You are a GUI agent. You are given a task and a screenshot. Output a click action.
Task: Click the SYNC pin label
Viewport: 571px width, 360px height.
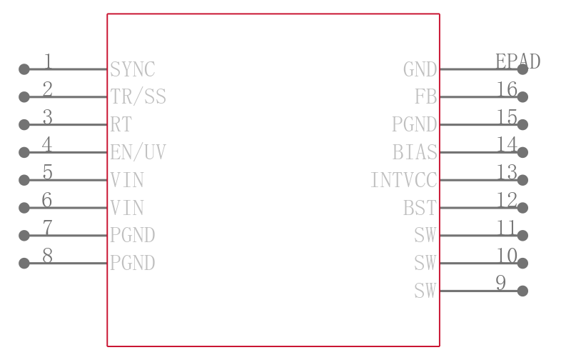pyautogui.click(x=133, y=69)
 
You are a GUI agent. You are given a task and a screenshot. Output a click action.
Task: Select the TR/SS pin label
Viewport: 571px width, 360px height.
pyautogui.click(x=138, y=97)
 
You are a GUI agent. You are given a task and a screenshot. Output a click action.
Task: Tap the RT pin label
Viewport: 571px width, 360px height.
pyautogui.click(x=121, y=124)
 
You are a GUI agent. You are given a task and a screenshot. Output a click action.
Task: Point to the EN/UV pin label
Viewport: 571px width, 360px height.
pyautogui.click(x=138, y=152)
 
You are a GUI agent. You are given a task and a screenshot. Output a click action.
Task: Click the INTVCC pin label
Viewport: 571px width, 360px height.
pyautogui.click(x=403, y=180)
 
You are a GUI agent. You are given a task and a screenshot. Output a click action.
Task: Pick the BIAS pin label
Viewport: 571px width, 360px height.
pyautogui.click(x=415, y=152)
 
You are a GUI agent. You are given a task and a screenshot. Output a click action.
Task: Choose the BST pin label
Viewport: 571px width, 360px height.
pyautogui.click(x=420, y=208)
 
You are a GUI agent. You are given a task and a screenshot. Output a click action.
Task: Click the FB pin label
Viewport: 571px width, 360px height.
pyautogui.click(x=425, y=97)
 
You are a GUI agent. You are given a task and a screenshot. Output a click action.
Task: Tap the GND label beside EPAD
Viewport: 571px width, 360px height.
pyautogui.click(x=420, y=69)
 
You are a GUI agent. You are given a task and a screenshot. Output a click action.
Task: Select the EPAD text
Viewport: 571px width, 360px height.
pyautogui.click(x=518, y=61)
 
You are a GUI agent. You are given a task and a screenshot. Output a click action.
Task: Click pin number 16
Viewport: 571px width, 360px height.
pyautogui.click(x=507, y=89)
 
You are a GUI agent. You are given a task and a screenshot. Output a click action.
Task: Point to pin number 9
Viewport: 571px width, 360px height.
pyautogui.click(x=501, y=283)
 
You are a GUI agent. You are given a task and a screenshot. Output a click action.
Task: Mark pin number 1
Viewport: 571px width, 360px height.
pyautogui.click(x=48, y=61)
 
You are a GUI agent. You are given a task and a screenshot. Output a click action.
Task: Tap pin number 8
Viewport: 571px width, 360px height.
pyautogui.click(x=47, y=256)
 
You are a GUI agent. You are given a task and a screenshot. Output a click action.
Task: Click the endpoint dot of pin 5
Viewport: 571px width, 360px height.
pyautogui.click(x=24, y=180)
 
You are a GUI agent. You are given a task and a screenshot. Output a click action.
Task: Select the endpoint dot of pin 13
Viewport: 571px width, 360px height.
pyautogui.click(x=522, y=180)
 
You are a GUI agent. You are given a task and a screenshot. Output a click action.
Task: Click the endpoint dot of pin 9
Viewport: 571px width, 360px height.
pyautogui.click(x=522, y=291)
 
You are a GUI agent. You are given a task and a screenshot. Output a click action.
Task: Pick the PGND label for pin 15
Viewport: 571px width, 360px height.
pyautogui.click(x=415, y=124)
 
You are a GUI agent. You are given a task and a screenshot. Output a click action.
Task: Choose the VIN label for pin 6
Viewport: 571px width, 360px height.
pyautogui.click(x=127, y=208)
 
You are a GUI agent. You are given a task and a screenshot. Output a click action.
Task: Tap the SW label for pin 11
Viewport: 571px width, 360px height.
pyautogui.click(x=425, y=236)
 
